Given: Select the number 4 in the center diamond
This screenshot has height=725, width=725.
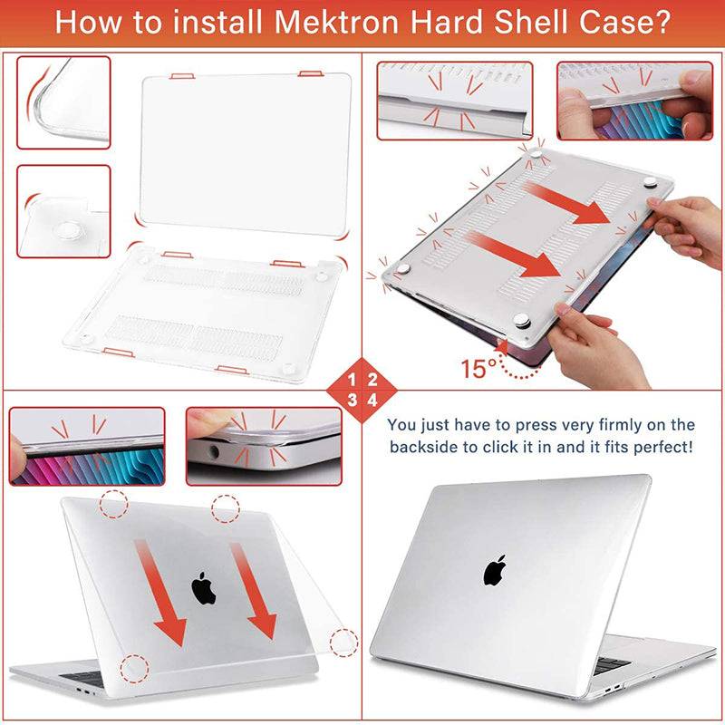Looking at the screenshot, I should point(372,400).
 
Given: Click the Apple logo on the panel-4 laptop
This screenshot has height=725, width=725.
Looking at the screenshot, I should point(494,570).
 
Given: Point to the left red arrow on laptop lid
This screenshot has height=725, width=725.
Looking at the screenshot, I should point(163,589).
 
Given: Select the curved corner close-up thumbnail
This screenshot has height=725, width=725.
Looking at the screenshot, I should point(63,101).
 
